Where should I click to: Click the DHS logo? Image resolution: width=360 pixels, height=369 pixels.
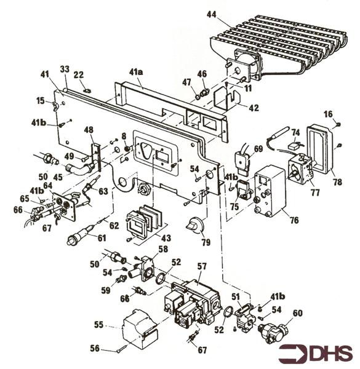tap(316, 354)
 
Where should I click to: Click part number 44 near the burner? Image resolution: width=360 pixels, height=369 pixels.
tap(212, 15)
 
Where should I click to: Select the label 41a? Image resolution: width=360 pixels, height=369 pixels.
tap(136, 72)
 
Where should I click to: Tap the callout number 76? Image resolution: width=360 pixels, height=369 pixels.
tap(294, 220)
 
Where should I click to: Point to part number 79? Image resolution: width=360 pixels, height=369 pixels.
tap(206, 242)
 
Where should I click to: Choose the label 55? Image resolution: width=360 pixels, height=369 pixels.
tap(98, 325)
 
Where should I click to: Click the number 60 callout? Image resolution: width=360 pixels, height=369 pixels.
tap(297, 313)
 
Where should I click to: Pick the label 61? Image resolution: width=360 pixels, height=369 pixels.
tap(102, 238)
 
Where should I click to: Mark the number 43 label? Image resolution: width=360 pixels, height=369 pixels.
tap(166, 237)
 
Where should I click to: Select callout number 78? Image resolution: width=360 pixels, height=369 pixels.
tap(337, 181)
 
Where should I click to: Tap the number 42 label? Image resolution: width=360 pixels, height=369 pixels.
tap(254, 108)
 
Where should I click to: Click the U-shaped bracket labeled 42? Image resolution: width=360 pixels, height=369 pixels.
tap(226, 98)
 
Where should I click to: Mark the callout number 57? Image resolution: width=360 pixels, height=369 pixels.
tap(202, 266)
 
